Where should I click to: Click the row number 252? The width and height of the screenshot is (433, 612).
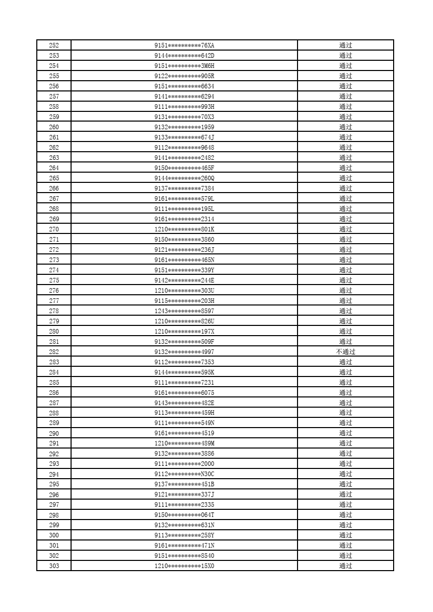click(54, 45)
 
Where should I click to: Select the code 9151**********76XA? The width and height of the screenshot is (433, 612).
click(184, 45)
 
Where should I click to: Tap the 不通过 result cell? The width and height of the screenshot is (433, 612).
click(346, 352)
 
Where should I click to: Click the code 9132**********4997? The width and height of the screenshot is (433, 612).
click(184, 352)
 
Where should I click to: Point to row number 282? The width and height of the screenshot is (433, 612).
click(54, 352)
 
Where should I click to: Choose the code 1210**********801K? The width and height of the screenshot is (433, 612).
click(184, 229)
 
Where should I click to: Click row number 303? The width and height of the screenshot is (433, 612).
click(54, 566)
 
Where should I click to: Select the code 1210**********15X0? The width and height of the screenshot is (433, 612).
click(184, 566)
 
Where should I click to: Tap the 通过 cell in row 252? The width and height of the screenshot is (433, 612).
click(346, 45)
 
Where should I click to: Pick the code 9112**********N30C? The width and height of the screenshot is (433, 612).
click(184, 474)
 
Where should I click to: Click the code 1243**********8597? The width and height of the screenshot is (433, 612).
click(184, 311)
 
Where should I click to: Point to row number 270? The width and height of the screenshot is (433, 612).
click(54, 229)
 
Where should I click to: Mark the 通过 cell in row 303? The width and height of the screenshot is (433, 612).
click(346, 566)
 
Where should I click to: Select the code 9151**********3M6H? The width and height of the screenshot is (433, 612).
click(184, 66)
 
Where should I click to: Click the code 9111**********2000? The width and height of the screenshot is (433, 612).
click(184, 464)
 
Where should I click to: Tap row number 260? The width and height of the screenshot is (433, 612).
click(54, 127)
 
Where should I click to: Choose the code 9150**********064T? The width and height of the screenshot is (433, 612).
click(184, 515)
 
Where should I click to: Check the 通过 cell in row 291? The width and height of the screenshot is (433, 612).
click(346, 443)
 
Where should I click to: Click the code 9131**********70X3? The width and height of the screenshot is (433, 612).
click(184, 117)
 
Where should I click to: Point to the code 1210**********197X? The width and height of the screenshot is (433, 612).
click(184, 332)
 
